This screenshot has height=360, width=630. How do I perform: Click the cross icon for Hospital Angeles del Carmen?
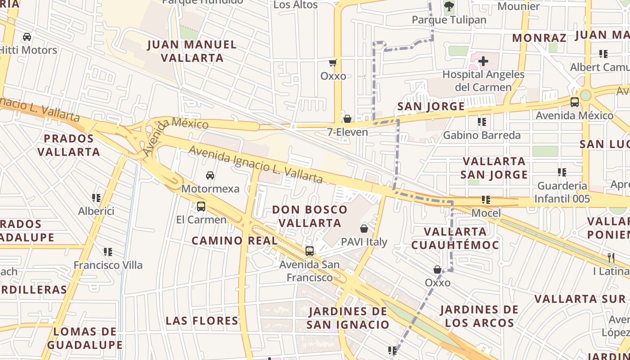pyautogui.click(x=483, y=61)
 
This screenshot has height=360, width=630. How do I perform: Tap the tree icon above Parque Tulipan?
pyautogui.click(x=449, y=6)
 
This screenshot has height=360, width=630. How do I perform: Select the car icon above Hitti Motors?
pyautogui.click(x=27, y=36)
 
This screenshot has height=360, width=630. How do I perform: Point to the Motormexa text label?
pyautogui.click(x=210, y=188)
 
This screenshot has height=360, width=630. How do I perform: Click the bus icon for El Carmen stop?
pyautogui.click(x=201, y=207)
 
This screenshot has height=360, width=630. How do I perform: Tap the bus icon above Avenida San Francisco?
pyautogui.click(x=310, y=251)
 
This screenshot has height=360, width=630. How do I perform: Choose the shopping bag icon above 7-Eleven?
pyautogui.click(x=347, y=119)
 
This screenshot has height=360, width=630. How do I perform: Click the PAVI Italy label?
pyautogui.click(x=364, y=242)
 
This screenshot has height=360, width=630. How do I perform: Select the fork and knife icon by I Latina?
pyautogui.click(x=611, y=257)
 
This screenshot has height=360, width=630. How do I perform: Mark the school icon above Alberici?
pyautogui.click(x=96, y=198)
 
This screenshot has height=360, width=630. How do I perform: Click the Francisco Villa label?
pyautogui.click(x=108, y=265)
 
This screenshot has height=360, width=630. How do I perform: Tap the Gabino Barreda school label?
pyautogui.click(x=481, y=135)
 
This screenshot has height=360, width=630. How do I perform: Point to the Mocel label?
pyautogui.click(x=486, y=212)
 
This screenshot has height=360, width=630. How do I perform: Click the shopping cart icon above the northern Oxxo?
pyautogui.click(x=333, y=63)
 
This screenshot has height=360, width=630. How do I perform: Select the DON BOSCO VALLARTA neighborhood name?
pyautogui.click(x=310, y=216)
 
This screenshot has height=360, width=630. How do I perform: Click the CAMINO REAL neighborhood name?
pyautogui.click(x=235, y=240)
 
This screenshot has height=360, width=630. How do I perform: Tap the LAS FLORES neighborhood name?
pyautogui.click(x=202, y=320)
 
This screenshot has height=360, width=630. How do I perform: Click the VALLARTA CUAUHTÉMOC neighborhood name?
pyautogui.click(x=455, y=238)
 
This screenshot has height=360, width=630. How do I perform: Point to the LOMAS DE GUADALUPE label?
pyautogui.click(x=85, y=338)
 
